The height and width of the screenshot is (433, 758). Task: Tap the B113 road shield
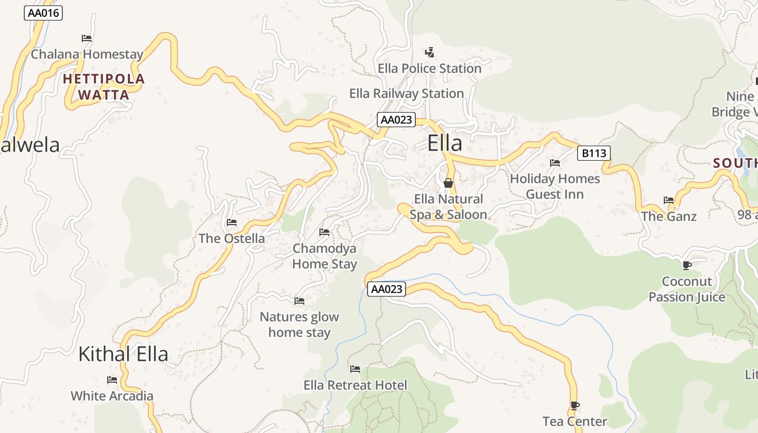point(593,153)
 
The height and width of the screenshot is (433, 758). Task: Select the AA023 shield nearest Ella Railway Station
point(396,120)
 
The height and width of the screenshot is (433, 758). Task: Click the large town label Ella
point(445,143)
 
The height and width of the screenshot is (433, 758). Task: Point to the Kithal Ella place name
point(123,354)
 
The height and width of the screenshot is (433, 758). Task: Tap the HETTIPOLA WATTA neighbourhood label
point(104,87)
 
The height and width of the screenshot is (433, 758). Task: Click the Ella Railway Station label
point(407,94)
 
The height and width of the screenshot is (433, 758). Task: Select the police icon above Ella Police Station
point(429,53)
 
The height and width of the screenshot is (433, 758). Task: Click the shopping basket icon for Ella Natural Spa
point(448,183)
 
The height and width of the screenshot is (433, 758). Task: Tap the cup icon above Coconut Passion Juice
point(687,265)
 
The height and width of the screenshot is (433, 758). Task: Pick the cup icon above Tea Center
point(574,405)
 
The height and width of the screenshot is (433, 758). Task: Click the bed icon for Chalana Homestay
point(87,38)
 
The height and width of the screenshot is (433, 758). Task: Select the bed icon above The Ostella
point(232,222)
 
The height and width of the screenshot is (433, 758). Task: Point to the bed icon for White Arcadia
point(112,380)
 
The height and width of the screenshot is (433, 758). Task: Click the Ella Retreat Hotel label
point(355,385)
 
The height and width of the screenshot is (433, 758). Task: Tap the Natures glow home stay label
point(299,325)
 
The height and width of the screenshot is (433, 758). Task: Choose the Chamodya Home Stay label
point(324,256)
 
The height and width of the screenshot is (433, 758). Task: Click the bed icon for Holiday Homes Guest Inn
point(555,163)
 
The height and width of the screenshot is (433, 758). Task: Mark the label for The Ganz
point(669,216)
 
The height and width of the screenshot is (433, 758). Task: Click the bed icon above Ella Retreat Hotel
point(355,369)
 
